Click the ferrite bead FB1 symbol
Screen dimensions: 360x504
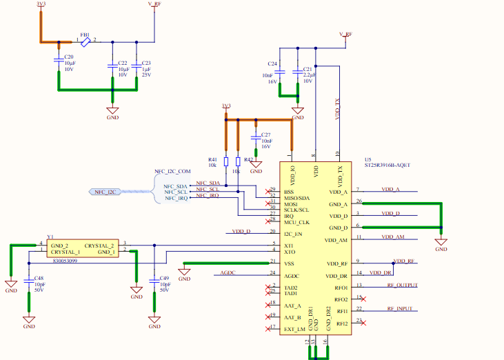pyautogui.click(x=85, y=42)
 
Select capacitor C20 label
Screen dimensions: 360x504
pyautogui.click(x=68, y=57)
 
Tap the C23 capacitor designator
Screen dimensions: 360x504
pyautogui.click(x=146, y=63)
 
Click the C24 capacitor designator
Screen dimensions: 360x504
pyautogui.click(x=272, y=64)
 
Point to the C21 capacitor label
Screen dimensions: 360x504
pyautogui.click(x=308, y=70)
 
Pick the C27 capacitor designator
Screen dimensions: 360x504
pyautogui.click(x=266, y=134)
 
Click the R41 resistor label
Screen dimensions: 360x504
pyautogui.click(x=212, y=159)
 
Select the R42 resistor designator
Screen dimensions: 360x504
pyautogui.click(x=249, y=159)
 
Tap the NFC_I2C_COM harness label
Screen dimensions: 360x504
pyautogui.click(x=172, y=170)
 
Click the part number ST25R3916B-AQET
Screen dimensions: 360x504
pyautogui.click(x=387, y=165)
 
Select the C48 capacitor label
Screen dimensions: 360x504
pyautogui.click(x=39, y=279)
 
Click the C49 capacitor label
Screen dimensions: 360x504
pyautogui.click(x=164, y=279)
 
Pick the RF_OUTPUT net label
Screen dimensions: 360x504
pyautogui.click(x=402, y=285)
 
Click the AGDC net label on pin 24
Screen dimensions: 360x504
pyautogui.click(x=228, y=273)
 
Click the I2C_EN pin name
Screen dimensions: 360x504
pyautogui.click(x=293, y=234)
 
